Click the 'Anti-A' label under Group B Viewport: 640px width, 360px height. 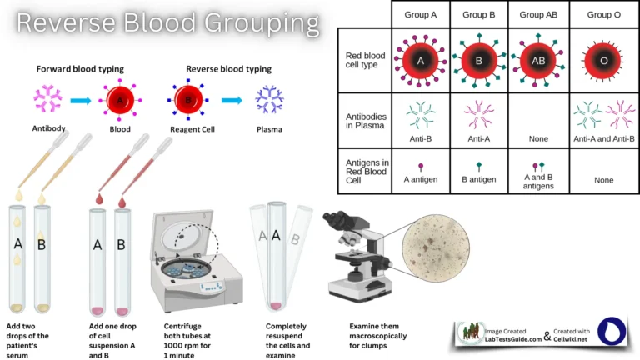tap(479, 138)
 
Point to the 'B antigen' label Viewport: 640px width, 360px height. tap(479, 178)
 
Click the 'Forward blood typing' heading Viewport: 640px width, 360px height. tap(81, 68)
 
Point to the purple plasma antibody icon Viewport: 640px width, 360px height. tap(269, 101)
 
